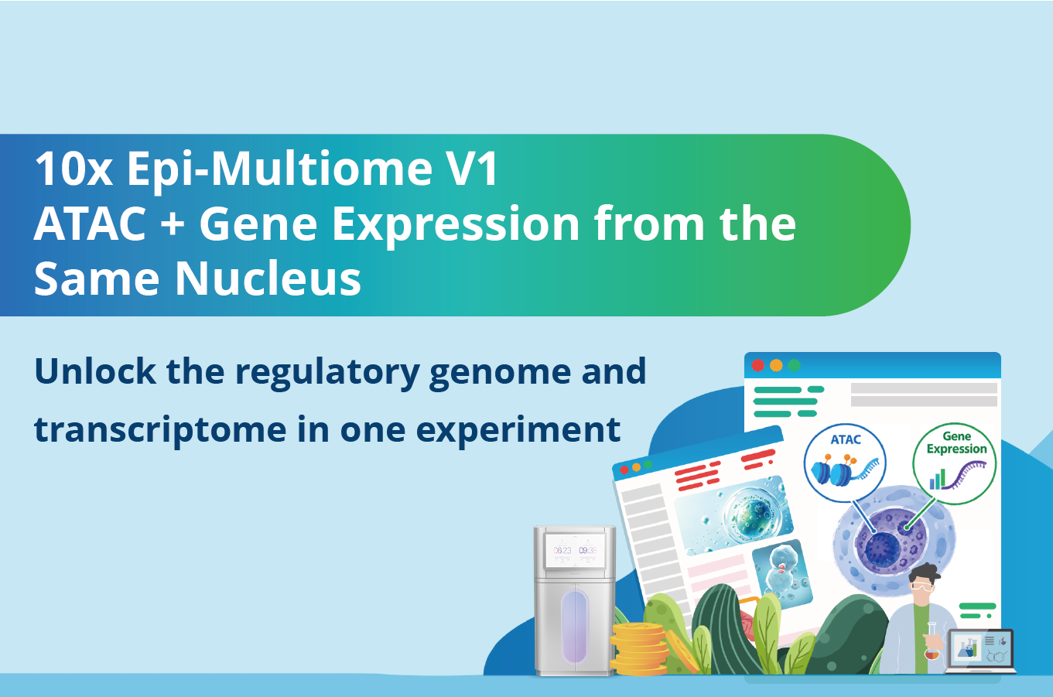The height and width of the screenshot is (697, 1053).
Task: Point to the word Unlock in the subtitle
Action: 95,371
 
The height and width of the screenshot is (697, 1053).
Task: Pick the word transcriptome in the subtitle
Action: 160,429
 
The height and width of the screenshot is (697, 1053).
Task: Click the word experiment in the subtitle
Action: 518,429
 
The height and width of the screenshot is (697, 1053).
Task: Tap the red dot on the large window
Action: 757,365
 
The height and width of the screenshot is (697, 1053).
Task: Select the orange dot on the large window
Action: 776,365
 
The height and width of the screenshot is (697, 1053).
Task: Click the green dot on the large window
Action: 794,365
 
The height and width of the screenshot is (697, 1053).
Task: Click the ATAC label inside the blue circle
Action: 846,439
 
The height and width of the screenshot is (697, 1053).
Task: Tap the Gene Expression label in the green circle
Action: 956,442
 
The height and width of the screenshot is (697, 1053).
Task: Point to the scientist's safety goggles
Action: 922,586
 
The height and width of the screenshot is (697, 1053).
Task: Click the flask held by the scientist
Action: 932,641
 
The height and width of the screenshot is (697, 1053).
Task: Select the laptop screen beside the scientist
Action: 981,647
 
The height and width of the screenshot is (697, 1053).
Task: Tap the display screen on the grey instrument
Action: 575,550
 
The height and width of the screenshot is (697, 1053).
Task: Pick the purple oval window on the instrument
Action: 575,627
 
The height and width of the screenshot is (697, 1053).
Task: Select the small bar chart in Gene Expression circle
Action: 938,480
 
